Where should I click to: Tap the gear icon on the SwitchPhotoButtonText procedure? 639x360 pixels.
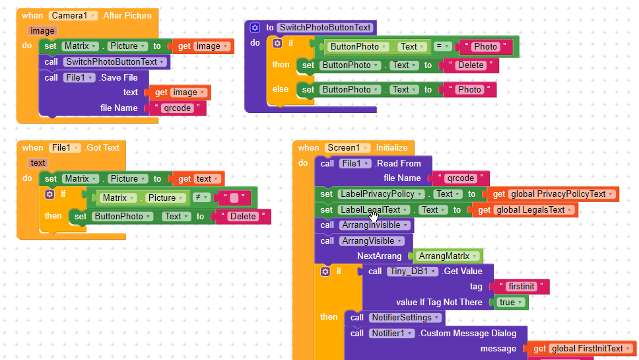[255, 27]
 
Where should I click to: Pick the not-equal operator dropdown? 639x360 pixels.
[206, 198]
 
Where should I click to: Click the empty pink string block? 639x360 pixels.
[234, 198]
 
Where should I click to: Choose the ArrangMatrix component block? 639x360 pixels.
[448, 256]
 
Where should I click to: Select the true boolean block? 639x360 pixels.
[512, 302]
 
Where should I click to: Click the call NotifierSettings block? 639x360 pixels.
[395, 318]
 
